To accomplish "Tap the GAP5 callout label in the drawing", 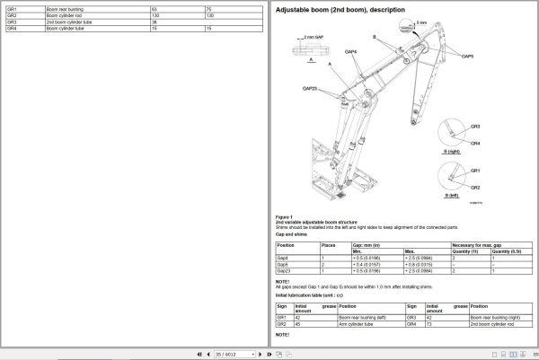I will click(467, 56).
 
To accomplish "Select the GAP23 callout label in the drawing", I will click(309, 88).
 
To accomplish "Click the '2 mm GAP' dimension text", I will click(314, 38).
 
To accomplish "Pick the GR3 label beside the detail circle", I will click(475, 127).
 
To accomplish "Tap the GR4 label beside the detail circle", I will click(475, 143).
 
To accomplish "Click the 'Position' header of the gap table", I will click(286, 244).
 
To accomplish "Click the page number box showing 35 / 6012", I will click(214, 354).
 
